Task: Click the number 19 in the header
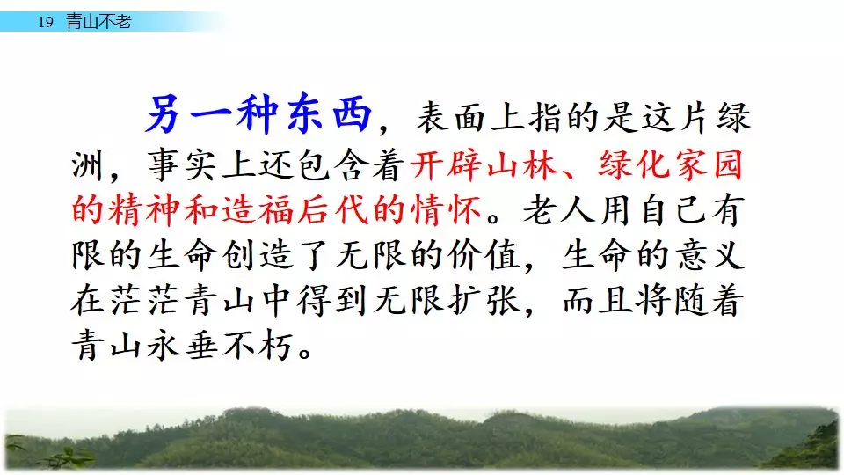46,22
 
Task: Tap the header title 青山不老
98,21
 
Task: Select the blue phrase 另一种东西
258,115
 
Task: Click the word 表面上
471,117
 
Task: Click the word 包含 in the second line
332,164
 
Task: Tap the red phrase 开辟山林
484,164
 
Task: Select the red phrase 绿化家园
670,164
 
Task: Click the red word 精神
144,210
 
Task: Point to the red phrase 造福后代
295,210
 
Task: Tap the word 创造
257,255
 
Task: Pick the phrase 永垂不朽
220,346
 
